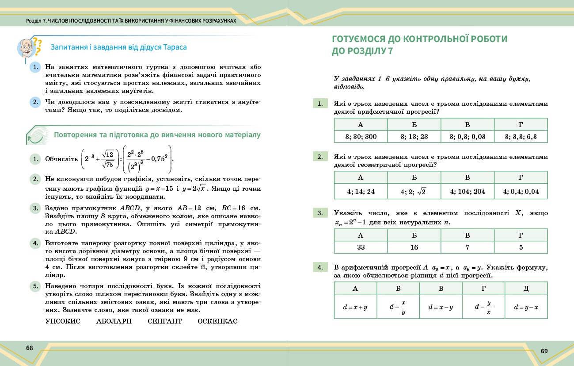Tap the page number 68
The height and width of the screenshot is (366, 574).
[30, 348]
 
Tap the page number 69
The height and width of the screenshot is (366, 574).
[544, 351]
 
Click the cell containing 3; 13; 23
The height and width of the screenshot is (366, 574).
[414, 137]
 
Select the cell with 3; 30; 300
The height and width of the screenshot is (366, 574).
[361, 137]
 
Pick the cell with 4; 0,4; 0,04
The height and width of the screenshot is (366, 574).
[521, 192]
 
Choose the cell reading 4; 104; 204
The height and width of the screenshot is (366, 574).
[468, 192]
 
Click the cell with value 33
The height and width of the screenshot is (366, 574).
[361, 247]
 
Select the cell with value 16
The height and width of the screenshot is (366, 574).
[414, 247]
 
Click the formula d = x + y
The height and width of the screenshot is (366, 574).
[355, 307]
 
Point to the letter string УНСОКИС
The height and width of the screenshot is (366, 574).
[63, 321]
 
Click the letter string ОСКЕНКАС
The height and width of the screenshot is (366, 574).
[217, 321]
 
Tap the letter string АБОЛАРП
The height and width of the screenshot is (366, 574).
[114, 321]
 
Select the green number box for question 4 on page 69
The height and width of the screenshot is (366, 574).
[319, 266]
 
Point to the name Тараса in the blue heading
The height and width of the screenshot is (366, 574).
[175, 47]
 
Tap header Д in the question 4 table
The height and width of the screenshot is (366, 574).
[526, 289]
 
